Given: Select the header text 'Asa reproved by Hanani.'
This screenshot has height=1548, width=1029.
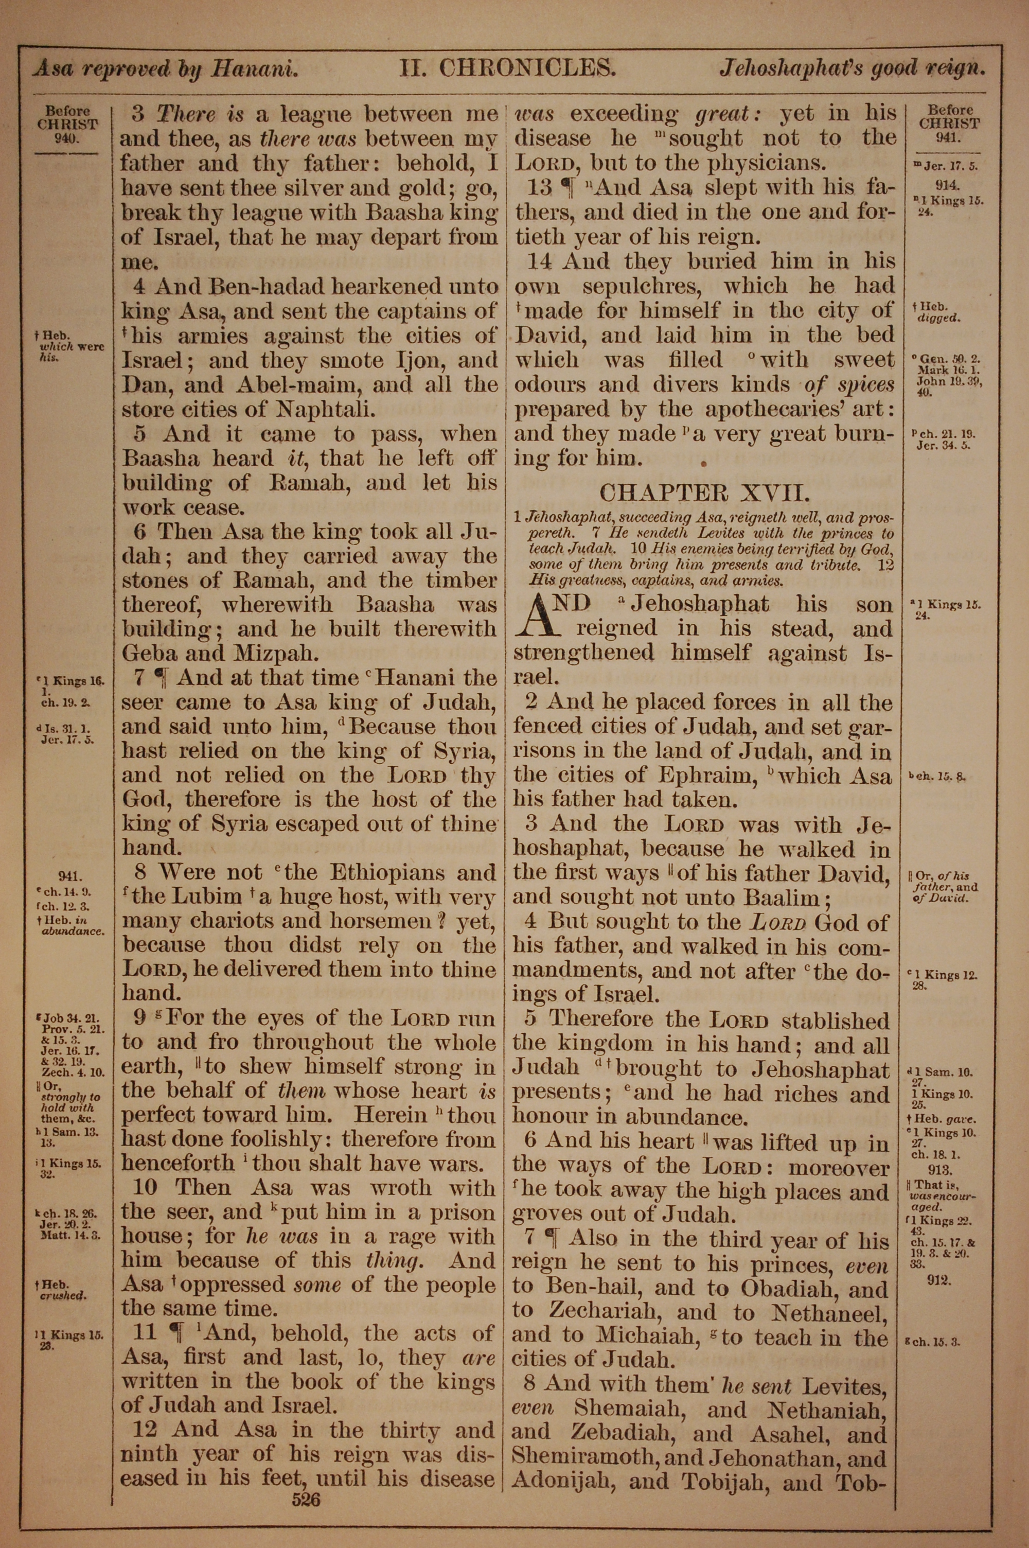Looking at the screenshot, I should click(166, 69).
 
